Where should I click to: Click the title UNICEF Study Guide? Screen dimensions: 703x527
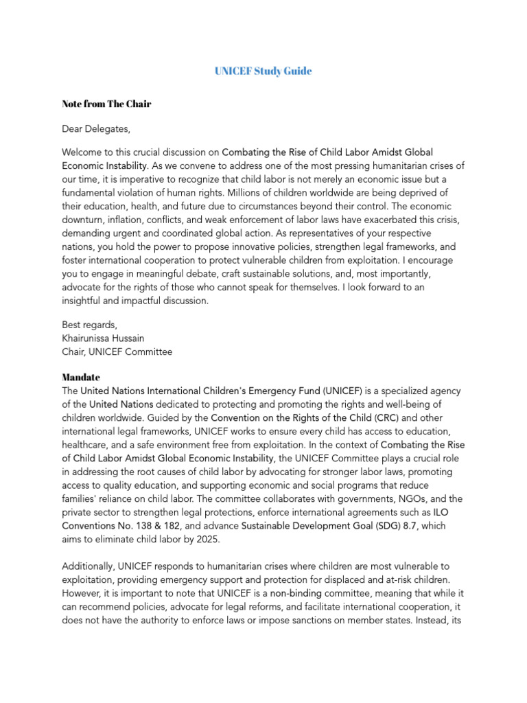click(x=263, y=71)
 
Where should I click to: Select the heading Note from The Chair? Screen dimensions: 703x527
click(x=106, y=104)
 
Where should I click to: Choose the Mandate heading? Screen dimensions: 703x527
click(x=81, y=378)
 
